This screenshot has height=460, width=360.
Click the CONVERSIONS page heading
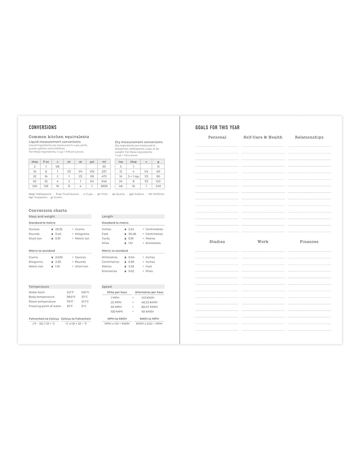coord(42,127)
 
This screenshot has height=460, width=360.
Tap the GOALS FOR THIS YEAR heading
coord(217,127)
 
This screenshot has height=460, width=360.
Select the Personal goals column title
coord(217,137)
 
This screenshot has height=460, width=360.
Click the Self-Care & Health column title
coord(263,137)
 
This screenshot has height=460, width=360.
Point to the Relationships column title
coord(309,137)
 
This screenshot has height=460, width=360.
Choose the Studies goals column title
coord(217,242)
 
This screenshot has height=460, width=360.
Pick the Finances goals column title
coord(309,242)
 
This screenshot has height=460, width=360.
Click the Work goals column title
coord(263,242)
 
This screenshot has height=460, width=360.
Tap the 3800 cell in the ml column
coord(104,186)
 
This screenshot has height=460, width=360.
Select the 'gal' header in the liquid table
coord(92,162)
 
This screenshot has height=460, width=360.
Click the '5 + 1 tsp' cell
coord(133,176)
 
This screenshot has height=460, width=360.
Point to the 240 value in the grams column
coord(158,186)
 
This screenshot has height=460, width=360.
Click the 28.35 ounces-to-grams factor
coord(59,229)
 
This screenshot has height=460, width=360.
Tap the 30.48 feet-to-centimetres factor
coord(132,234)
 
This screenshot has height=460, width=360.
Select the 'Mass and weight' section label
coord(42,217)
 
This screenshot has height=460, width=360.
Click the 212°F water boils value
coord(70,292)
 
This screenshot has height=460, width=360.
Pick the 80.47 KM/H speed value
coord(148,307)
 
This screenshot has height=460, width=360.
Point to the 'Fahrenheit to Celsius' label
coord(44,319)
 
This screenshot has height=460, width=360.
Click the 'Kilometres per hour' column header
coord(149,292)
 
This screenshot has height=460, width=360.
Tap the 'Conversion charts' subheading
coord(48,211)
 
